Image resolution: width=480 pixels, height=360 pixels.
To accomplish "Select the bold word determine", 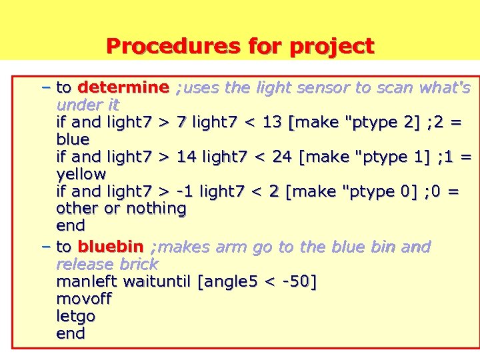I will click(x=123, y=87).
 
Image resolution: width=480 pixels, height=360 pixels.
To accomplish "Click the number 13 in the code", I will click(x=272, y=122).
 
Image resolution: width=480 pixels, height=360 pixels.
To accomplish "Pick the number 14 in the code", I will click(x=186, y=157).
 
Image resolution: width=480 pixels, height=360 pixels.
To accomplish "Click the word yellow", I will click(x=81, y=174).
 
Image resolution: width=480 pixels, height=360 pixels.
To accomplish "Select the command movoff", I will click(x=84, y=299).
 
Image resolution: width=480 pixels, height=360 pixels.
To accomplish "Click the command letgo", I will click(x=76, y=316).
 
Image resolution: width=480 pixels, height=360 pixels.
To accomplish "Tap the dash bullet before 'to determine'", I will click(x=45, y=87).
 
